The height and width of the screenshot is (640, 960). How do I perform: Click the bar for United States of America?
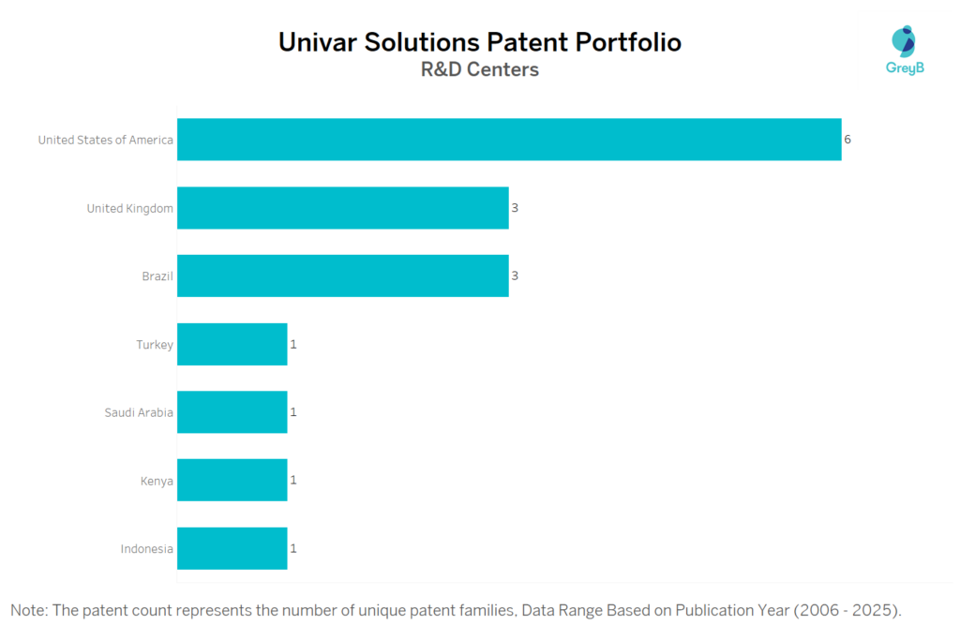(x=509, y=140)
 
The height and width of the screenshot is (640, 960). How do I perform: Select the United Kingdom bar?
(x=342, y=208)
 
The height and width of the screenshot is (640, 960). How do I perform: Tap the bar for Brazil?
(x=342, y=276)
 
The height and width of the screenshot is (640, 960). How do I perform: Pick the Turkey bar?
(x=232, y=344)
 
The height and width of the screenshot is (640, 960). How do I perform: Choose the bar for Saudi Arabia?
(x=232, y=412)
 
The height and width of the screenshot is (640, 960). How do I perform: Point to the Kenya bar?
(x=232, y=480)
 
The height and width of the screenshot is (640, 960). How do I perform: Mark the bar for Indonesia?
(x=232, y=548)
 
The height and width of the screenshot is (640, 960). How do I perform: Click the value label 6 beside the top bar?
(x=847, y=140)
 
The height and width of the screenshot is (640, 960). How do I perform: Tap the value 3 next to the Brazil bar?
(x=515, y=276)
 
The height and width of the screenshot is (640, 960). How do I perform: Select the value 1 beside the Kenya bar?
(x=293, y=480)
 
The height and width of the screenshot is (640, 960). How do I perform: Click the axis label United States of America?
(x=105, y=141)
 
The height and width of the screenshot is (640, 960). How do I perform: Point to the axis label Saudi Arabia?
(x=139, y=412)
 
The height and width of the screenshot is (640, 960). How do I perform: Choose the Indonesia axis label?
(x=146, y=549)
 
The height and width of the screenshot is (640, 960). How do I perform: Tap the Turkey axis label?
(x=154, y=345)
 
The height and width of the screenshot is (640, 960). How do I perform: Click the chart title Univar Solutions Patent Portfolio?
(x=479, y=42)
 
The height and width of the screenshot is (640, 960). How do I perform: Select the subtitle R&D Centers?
(x=479, y=70)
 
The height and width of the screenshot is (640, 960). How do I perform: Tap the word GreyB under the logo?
(x=905, y=68)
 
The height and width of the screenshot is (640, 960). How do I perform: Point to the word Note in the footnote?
(x=29, y=611)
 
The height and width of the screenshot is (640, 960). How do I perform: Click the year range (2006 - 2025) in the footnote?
(x=847, y=611)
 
